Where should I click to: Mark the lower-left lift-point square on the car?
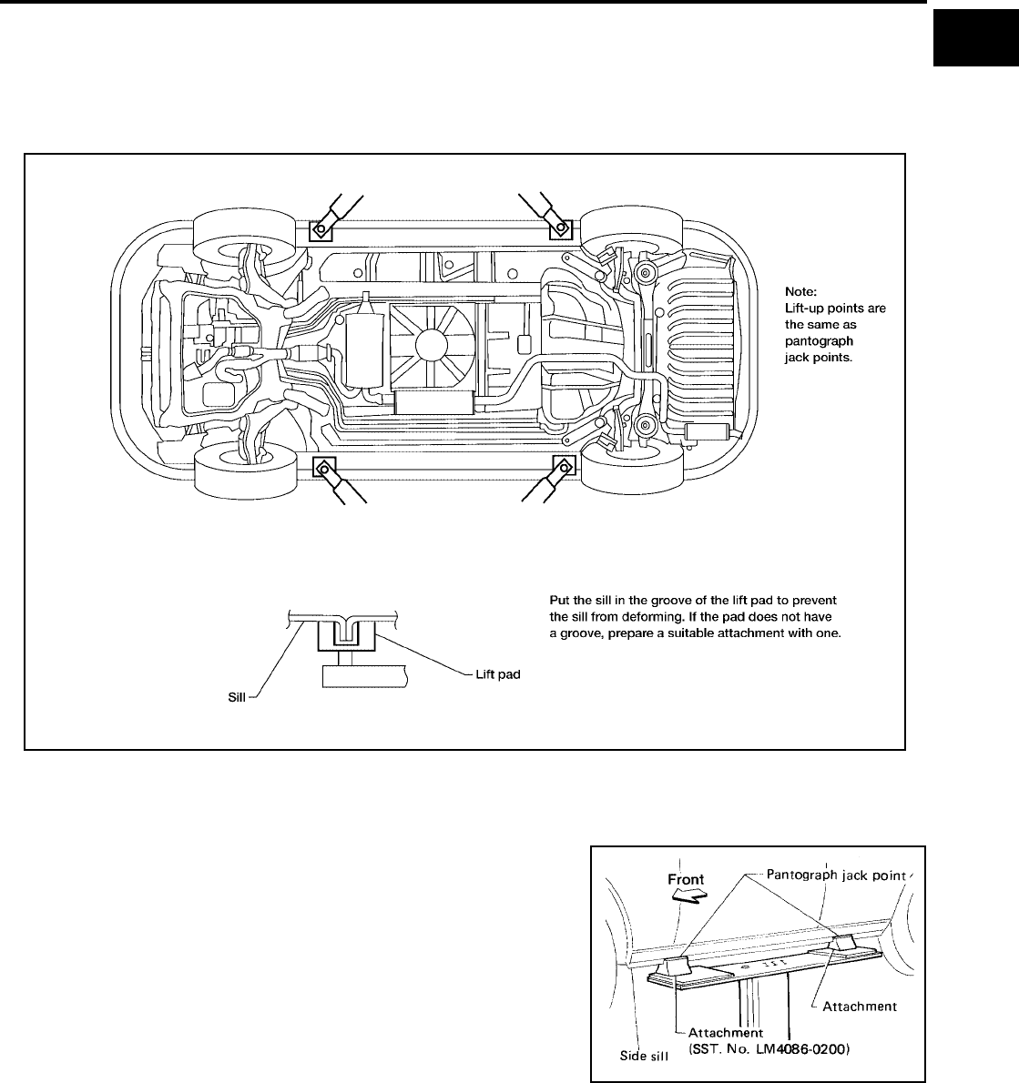pyautogui.click(x=323, y=469)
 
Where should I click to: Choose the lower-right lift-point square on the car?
pyautogui.click(x=564, y=469)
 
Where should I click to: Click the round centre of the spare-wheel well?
pyautogui.click(x=428, y=344)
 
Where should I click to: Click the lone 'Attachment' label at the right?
pyautogui.click(x=860, y=1006)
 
